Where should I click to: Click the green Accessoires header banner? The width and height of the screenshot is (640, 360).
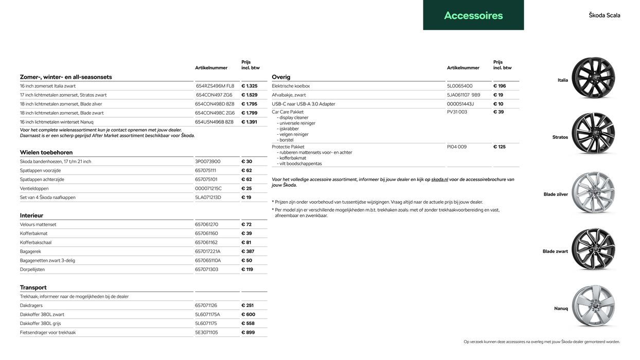pyautogui.click(x=473, y=15)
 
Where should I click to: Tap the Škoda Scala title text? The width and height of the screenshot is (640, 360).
pyautogui.click(x=605, y=15)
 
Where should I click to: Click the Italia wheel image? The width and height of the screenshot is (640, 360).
pyautogui.click(x=593, y=78)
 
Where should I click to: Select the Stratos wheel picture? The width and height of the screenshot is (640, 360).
pyautogui.click(x=593, y=134)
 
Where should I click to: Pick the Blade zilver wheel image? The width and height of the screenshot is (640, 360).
pyautogui.click(x=593, y=193)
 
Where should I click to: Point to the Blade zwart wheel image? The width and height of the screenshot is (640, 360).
pyautogui.click(x=593, y=249)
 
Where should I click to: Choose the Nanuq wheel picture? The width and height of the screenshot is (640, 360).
pyautogui.click(x=593, y=307)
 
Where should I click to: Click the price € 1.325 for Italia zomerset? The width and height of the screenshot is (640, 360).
pyautogui.click(x=250, y=86)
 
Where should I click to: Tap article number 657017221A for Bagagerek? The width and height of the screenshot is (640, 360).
pyautogui.click(x=208, y=251)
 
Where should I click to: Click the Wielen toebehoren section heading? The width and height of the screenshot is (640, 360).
pyautogui.click(x=46, y=152)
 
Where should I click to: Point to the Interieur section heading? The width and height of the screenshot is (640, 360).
pyautogui.click(x=31, y=215)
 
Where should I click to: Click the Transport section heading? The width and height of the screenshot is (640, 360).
pyautogui.click(x=33, y=287)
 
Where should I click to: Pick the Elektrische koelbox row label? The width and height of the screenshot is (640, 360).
pyautogui.click(x=291, y=86)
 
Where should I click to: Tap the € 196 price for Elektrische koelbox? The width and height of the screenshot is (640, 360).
pyautogui.click(x=500, y=86)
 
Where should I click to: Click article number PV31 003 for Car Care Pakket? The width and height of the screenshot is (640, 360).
pyautogui.click(x=457, y=112)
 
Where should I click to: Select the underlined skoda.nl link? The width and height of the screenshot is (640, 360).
pyautogui.click(x=439, y=179)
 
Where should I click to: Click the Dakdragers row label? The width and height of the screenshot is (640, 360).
pyautogui.click(x=31, y=305)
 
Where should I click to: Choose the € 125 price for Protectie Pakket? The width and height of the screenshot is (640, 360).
pyautogui.click(x=500, y=147)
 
